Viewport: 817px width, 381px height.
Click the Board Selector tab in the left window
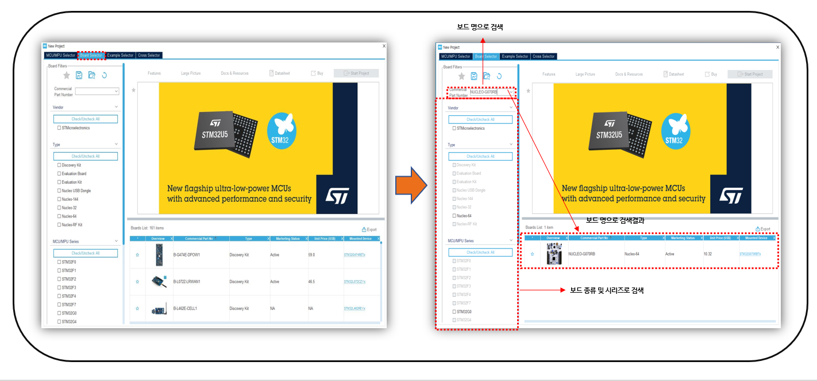pyautogui.click(x=91, y=56)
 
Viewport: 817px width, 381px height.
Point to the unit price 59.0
pyautogui.click(x=312, y=254)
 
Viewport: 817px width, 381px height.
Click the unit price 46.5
pyautogui.click(x=312, y=282)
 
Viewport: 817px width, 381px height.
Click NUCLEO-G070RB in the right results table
pyautogui.click(x=581, y=254)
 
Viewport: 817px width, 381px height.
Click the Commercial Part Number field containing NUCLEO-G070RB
pyautogui.click(x=488, y=92)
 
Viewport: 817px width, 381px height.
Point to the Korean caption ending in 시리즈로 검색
pyautogui.click(x=606, y=291)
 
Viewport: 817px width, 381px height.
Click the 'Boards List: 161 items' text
pyautogui.click(x=148, y=228)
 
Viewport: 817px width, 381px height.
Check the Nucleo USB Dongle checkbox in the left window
pyautogui.click(x=59, y=190)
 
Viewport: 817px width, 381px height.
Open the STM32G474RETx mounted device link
pyautogui.click(x=354, y=254)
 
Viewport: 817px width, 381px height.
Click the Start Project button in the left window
pyautogui.click(x=356, y=73)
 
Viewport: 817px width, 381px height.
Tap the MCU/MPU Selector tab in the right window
pyautogui.click(x=455, y=56)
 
